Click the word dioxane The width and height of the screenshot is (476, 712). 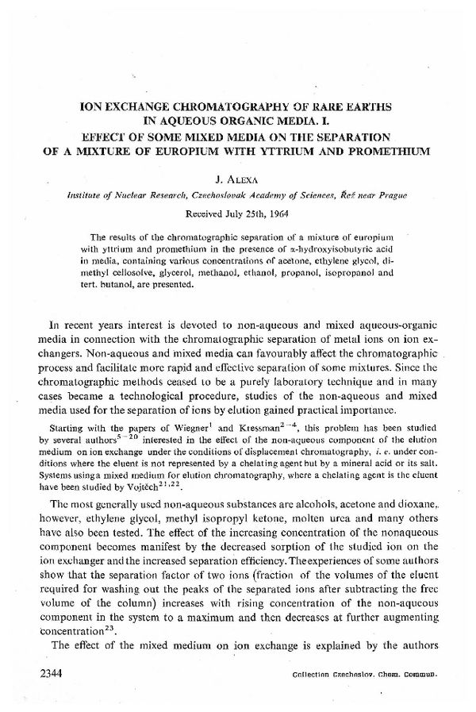tap(418, 505)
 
